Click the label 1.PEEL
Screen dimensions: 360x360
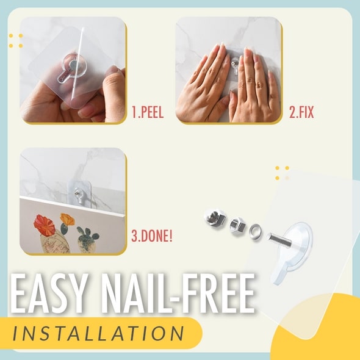pyautogui.click(x=148, y=112)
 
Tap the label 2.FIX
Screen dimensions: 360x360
pyautogui.click(x=301, y=112)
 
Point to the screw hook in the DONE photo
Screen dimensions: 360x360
pyautogui.click(x=78, y=193)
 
